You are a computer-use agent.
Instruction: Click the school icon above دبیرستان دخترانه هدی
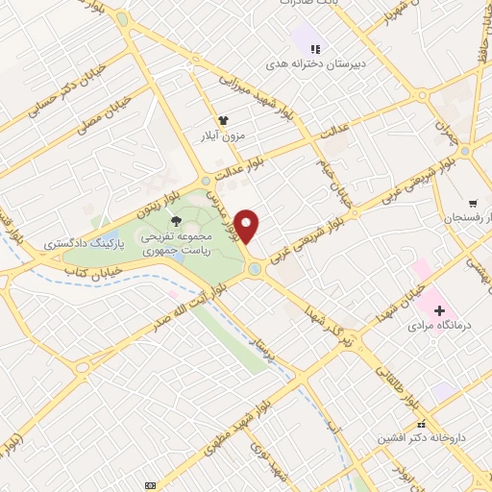click(313, 49)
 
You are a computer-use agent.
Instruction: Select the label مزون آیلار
click(223, 135)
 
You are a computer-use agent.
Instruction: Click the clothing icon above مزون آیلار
click(224, 120)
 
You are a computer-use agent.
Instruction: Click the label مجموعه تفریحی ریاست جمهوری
click(173, 241)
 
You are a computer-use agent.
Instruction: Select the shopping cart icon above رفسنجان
click(472, 204)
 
